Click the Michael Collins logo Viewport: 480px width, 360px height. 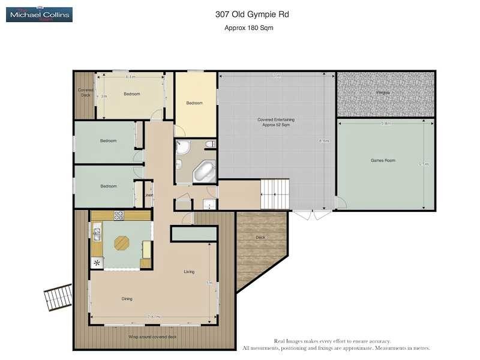[39, 14]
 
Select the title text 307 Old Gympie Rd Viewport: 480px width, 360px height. [248, 14]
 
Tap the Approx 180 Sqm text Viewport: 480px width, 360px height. [248, 28]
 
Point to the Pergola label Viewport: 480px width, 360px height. [383, 92]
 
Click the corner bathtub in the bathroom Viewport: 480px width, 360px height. [204, 172]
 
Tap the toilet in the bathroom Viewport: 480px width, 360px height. [209, 143]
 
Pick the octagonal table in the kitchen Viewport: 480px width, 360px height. [122, 242]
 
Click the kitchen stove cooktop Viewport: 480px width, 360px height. [119, 215]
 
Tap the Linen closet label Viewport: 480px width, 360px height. [148, 195]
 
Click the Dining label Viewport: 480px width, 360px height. [127, 298]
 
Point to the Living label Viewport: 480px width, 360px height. [189, 272]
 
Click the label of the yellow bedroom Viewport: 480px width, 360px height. [194, 103]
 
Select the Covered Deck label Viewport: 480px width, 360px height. [85, 92]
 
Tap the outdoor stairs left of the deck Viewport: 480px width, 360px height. [58, 297]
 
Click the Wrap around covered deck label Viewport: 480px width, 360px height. [152, 337]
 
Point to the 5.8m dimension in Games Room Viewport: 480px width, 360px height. [386, 123]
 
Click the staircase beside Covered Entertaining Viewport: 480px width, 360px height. [275, 195]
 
